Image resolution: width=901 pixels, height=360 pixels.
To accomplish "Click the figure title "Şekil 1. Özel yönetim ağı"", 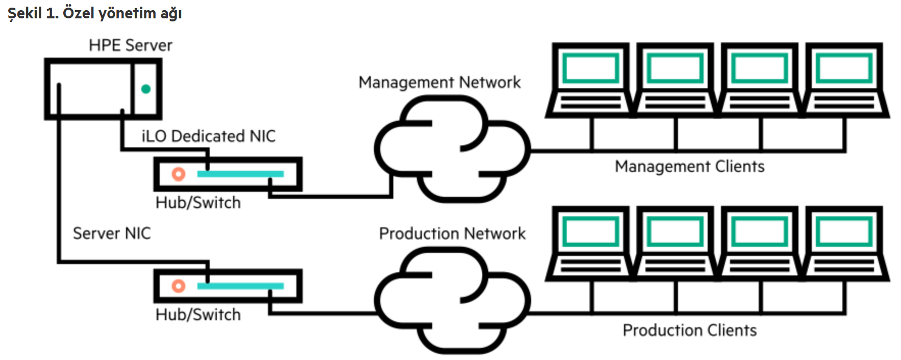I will [x=95, y=13].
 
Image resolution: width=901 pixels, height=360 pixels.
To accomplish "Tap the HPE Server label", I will [x=130, y=45].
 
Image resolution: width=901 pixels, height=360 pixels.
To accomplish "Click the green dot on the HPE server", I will [x=146, y=89].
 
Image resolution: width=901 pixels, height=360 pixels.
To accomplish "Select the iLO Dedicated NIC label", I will [x=208, y=136].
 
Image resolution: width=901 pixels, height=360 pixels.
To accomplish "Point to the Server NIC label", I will [x=112, y=234].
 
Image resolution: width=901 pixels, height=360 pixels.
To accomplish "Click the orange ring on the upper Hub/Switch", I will [x=178, y=174].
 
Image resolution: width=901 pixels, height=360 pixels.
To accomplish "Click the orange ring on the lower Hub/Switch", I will [x=178, y=286].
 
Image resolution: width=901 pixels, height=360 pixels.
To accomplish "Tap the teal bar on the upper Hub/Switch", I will [x=240, y=174].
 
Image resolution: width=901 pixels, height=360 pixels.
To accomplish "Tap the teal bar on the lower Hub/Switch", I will [x=240, y=286].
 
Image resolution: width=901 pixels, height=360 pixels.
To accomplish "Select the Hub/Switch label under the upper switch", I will [x=198, y=203].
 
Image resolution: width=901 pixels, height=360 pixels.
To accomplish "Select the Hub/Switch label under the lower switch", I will [x=198, y=315].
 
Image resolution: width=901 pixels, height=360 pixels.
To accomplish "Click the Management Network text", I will [x=439, y=83].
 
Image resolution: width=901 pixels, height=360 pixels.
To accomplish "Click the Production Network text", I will [x=452, y=234].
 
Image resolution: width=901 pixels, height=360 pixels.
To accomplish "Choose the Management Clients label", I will [x=689, y=167].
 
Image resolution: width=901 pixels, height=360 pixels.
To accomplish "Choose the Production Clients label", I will [x=689, y=330].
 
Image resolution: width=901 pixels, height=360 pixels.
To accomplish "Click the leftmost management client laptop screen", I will [x=591, y=68].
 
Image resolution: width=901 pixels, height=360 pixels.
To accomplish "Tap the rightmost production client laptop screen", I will [x=844, y=232].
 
